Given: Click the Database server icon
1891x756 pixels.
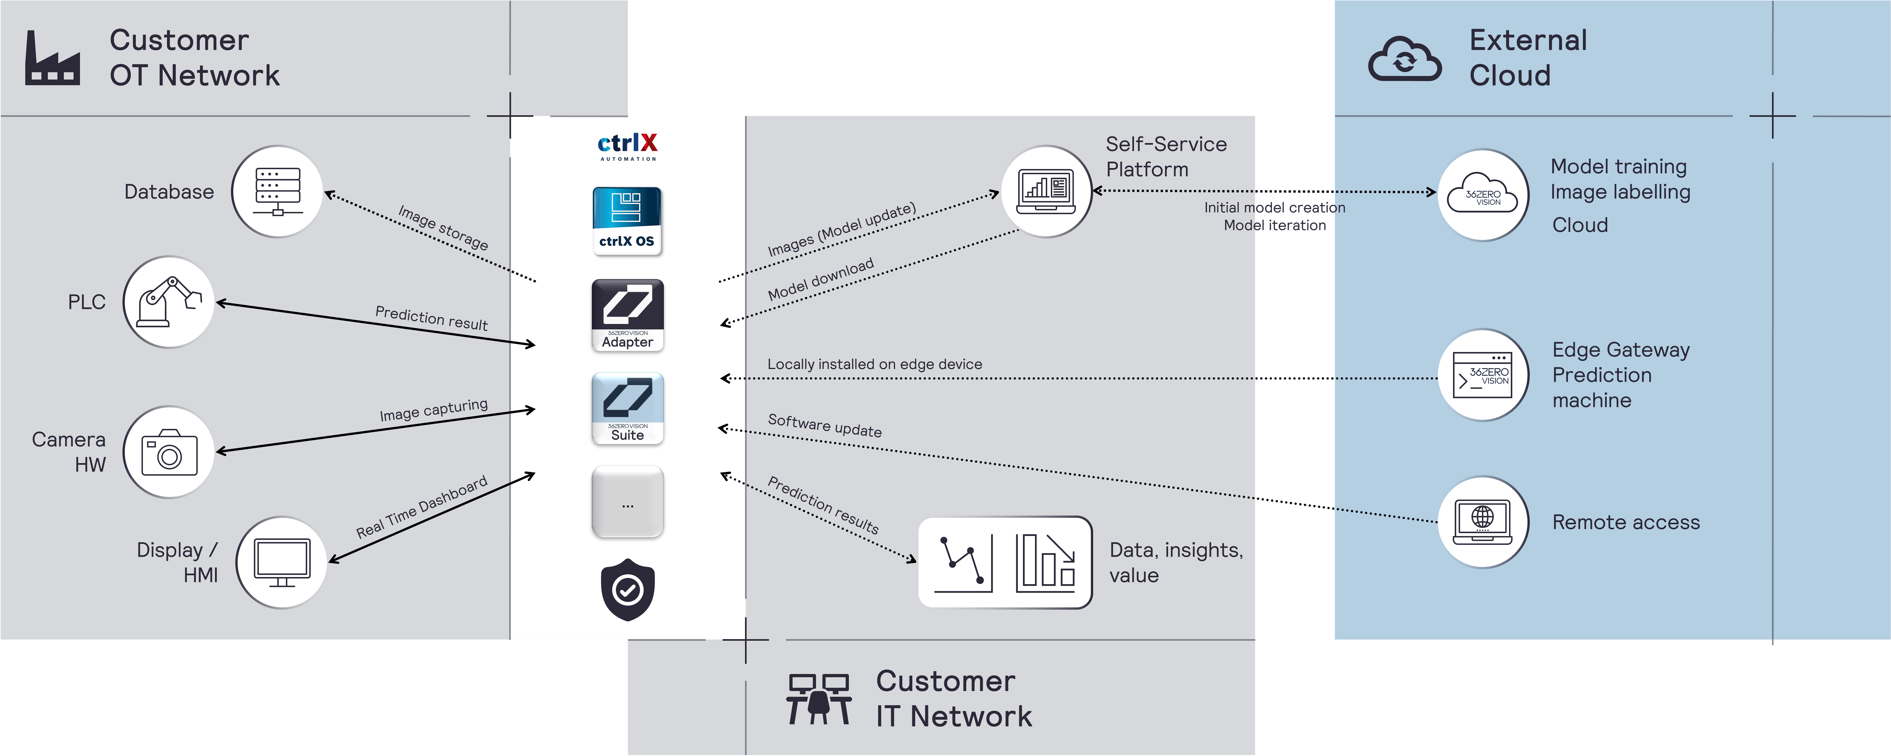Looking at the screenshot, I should (277, 191).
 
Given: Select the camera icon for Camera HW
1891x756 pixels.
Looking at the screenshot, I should (169, 452).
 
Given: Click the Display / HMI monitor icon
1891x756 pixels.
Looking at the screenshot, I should (282, 563).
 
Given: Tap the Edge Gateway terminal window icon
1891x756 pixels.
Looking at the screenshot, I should (1483, 375).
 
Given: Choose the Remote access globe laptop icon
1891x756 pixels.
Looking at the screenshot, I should (1483, 522).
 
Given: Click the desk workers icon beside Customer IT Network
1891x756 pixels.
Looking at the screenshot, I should (819, 699).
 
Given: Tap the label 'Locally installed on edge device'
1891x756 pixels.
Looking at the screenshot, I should (874, 364).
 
